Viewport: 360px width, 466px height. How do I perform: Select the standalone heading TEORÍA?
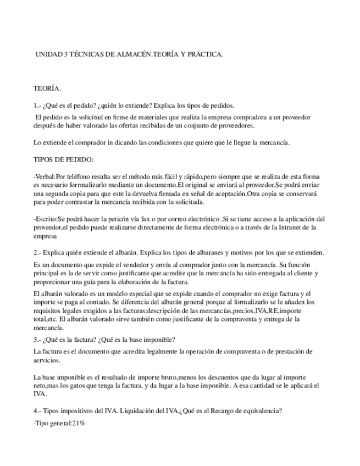(47, 88)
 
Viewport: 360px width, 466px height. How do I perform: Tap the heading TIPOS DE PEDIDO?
(63, 159)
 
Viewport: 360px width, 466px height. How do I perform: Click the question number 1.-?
(37, 105)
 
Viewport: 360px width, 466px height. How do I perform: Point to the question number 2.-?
(37, 253)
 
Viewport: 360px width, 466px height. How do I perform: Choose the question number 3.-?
(37, 339)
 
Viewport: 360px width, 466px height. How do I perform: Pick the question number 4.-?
(37, 410)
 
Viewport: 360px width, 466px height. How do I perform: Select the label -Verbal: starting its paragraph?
(45, 177)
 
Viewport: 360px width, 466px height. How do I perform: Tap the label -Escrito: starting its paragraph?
(46, 219)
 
